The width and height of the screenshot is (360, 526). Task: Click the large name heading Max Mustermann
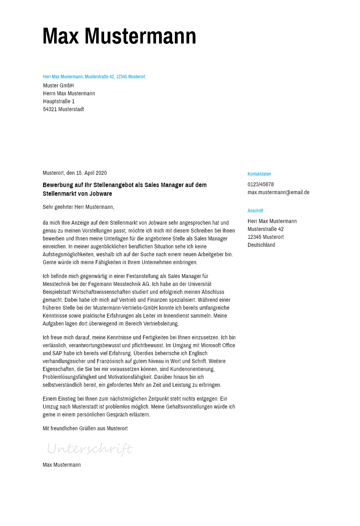pyautogui.click(x=119, y=36)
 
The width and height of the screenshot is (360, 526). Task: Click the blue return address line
pyautogui.click(x=94, y=77)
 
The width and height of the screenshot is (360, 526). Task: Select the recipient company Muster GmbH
pyautogui.click(x=59, y=85)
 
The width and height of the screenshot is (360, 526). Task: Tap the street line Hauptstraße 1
pyautogui.click(x=59, y=101)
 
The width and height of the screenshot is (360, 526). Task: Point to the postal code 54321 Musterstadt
pyautogui.click(x=64, y=109)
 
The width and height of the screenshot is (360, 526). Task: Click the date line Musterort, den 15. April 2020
pyautogui.click(x=75, y=173)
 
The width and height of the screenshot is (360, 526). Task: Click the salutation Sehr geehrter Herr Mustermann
pyautogui.click(x=78, y=207)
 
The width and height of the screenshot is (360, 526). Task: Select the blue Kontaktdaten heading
pyautogui.click(x=259, y=174)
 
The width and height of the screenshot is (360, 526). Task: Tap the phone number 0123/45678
pyautogui.click(x=261, y=184)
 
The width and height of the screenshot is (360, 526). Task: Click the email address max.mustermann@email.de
pyautogui.click(x=279, y=192)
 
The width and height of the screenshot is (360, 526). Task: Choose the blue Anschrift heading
pyautogui.click(x=255, y=211)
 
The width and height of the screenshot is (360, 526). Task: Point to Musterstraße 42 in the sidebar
pyautogui.click(x=265, y=229)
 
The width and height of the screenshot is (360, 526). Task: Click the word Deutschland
pyautogui.click(x=261, y=245)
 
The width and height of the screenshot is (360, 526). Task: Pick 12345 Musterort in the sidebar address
pyautogui.click(x=265, y=237)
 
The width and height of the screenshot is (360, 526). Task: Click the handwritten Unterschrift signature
pyautogui.click(x=90, y=449)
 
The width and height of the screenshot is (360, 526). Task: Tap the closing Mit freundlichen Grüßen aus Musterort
pyautogui.click(x=85, y=428)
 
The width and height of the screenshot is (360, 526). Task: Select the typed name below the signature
pyautogui.click(x=62, y=465)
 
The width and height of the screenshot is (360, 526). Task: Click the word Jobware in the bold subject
pyautogui.click(x=101, y=194)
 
